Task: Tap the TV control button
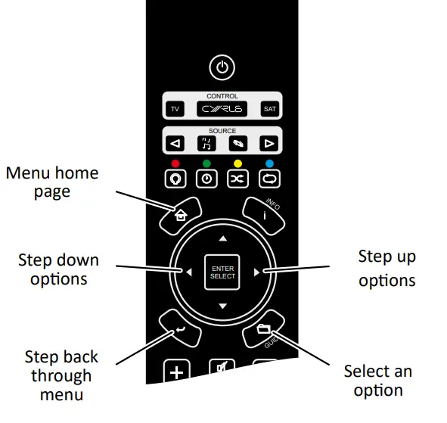175,110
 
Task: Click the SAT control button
269,110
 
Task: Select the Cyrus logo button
222,110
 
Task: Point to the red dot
175,163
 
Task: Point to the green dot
206,163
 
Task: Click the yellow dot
237,163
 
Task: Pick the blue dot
269,163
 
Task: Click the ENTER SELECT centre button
222,272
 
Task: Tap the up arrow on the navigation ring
222,238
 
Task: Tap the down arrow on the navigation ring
222,306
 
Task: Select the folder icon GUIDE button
262,329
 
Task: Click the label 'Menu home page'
52,182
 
